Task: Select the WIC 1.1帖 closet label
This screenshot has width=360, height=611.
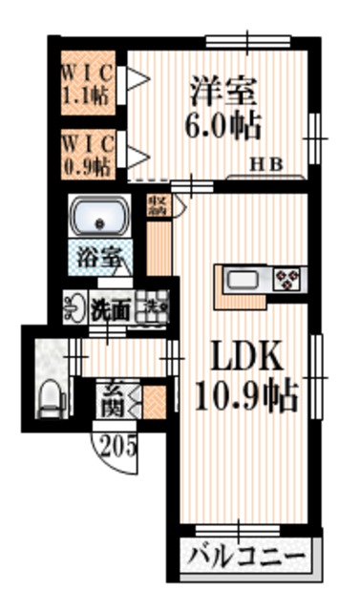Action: click(x=89, y=84)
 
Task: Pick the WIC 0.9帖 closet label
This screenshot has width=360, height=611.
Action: click(x=89, y=154)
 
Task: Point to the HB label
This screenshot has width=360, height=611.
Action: click(x=266, y=164)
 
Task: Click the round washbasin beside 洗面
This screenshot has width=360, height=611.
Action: click(x=74, y=306)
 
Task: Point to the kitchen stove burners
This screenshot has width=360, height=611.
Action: click(x=286, y=280)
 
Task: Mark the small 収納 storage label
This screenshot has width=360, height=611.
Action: click(x=156, y=206)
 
